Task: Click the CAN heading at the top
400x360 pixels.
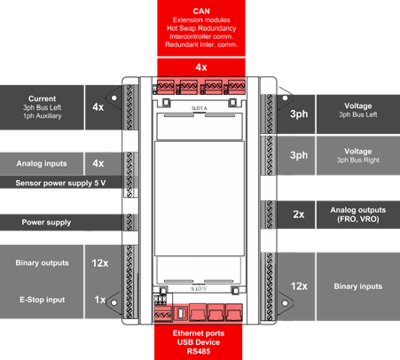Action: point(201,12)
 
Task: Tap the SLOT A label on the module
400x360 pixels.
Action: point(200,108)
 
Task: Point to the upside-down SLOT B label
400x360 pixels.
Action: point(199,288)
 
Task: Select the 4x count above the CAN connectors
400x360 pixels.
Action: point(201,67)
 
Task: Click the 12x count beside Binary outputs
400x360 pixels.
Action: point(100,263)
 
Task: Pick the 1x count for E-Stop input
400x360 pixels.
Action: point(100,300)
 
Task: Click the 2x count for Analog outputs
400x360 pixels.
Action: point(299,215)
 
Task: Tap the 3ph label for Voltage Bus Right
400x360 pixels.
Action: point(299,155)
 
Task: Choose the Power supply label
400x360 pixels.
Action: point(46,223)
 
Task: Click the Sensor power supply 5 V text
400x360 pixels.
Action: point(60,183)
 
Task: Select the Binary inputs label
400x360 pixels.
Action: point(358,286)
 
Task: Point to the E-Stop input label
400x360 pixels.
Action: point(43,300)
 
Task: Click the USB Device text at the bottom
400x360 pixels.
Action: point(199,342)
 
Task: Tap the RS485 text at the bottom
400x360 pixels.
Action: point(199,351)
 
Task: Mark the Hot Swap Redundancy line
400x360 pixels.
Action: point(201,28)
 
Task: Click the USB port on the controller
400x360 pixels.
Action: point(180,313)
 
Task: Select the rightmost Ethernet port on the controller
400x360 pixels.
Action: point(234,312)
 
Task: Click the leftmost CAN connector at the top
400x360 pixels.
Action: point(165,87)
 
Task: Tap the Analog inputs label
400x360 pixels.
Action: point(42,163)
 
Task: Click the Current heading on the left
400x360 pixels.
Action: point(42,98)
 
